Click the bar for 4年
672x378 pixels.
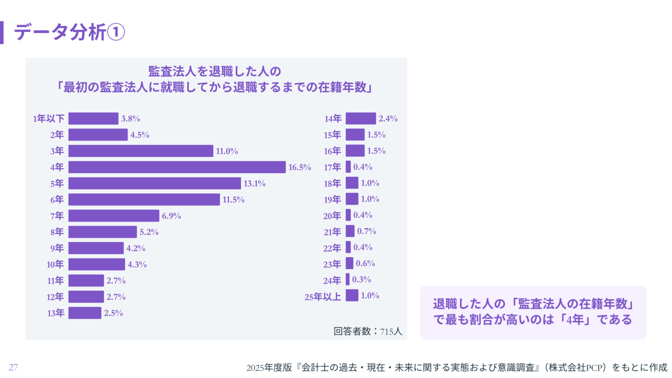(x=177, y=167)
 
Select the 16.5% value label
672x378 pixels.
(x=300, y=167)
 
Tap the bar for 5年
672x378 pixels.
(x=154, y=183)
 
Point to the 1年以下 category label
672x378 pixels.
(x=49, y=119)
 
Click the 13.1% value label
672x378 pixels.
(x=255, y=183)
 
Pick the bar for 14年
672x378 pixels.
(x=360, y=119)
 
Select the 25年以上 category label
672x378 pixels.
(x=323, y=297)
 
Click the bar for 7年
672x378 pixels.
(x=114, y=216)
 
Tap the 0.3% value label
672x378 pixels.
(x=362, y=280)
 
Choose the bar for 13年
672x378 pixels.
(x=85, y=313)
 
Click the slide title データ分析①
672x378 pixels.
(x=70, y=32)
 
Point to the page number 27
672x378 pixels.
(x=13, y=367)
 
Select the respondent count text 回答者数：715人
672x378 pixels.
(x=367, y=331)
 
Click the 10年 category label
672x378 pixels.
(x=55, y=264)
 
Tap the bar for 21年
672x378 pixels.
(x=350, y=231)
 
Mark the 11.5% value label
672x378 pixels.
(x=234, y=199)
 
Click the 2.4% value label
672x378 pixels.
(x=388, y=119)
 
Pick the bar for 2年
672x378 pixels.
(x=98, y=135)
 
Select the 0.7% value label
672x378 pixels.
(x=367, y=231)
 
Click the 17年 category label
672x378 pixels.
(x=332, y=167)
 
